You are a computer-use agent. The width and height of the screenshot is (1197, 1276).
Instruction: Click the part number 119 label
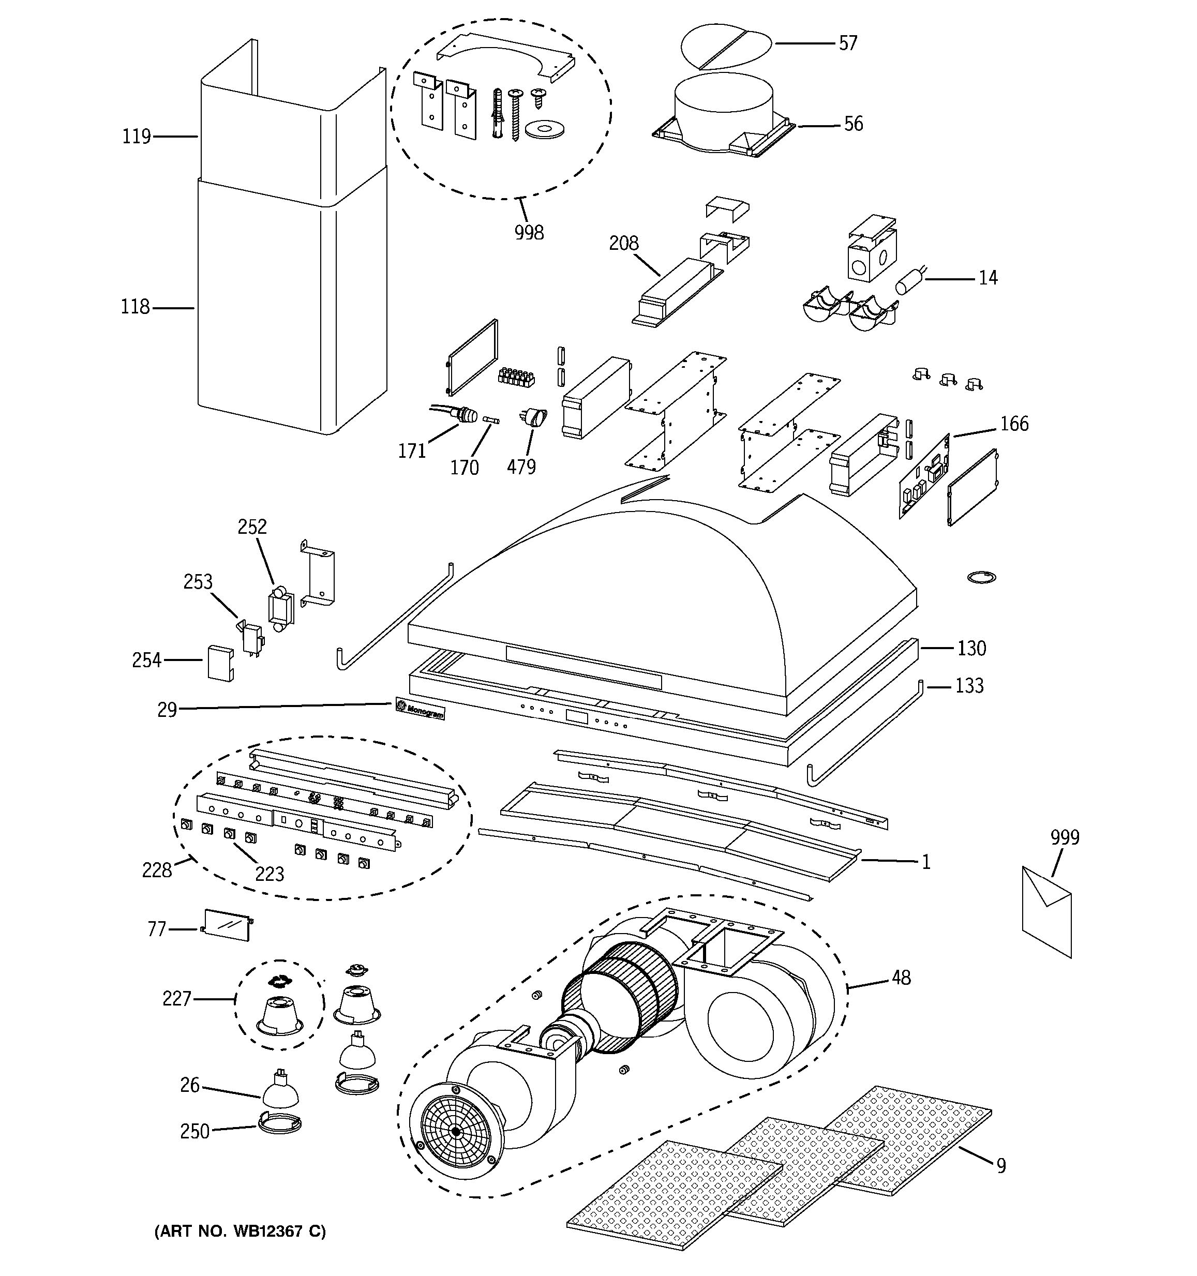coord(136,137)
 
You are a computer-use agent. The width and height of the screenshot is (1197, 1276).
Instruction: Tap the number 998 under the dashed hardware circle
coord(529,232)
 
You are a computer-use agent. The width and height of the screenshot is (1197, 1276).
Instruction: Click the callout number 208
coord(624,243)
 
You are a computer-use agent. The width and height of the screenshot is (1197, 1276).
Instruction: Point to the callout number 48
coord(901,978)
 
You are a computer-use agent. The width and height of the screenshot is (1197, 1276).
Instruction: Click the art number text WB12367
coord(268,1231)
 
